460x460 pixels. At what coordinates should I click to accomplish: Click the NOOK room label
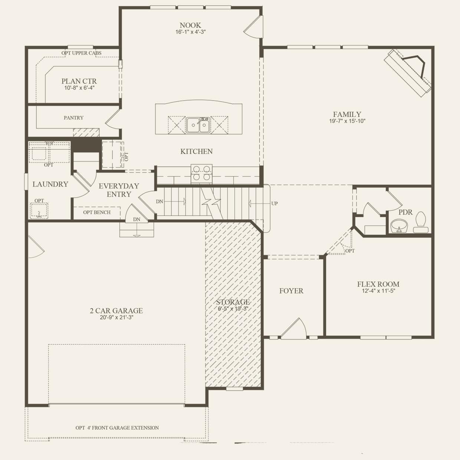tap(190, 25)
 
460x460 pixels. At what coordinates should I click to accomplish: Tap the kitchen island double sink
tap(198, 125)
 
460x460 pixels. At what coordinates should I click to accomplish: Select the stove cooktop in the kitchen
tap(201, 173)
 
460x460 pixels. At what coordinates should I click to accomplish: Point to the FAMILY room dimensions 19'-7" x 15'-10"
tap(347, 121)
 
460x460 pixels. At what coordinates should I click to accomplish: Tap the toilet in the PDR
tap(420, 222)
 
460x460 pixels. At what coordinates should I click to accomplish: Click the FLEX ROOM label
tap(378, 284)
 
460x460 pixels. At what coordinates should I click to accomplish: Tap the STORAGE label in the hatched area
tap(233, 302)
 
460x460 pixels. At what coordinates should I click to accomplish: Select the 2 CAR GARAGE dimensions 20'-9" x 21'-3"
tap(116, 317)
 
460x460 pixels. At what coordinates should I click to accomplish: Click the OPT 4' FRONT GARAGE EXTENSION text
tap(117, 428)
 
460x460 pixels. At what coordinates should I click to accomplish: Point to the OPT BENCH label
tap(97, 212)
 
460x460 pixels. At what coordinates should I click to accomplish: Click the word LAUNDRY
tap(50, 184)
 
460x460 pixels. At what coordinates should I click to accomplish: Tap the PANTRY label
tap(73, 118)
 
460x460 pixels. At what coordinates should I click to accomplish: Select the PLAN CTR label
tap(79, 81)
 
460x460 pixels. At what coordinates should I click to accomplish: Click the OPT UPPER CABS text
tap(81, 53)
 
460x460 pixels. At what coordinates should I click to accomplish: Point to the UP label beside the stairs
tap(275, 203)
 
